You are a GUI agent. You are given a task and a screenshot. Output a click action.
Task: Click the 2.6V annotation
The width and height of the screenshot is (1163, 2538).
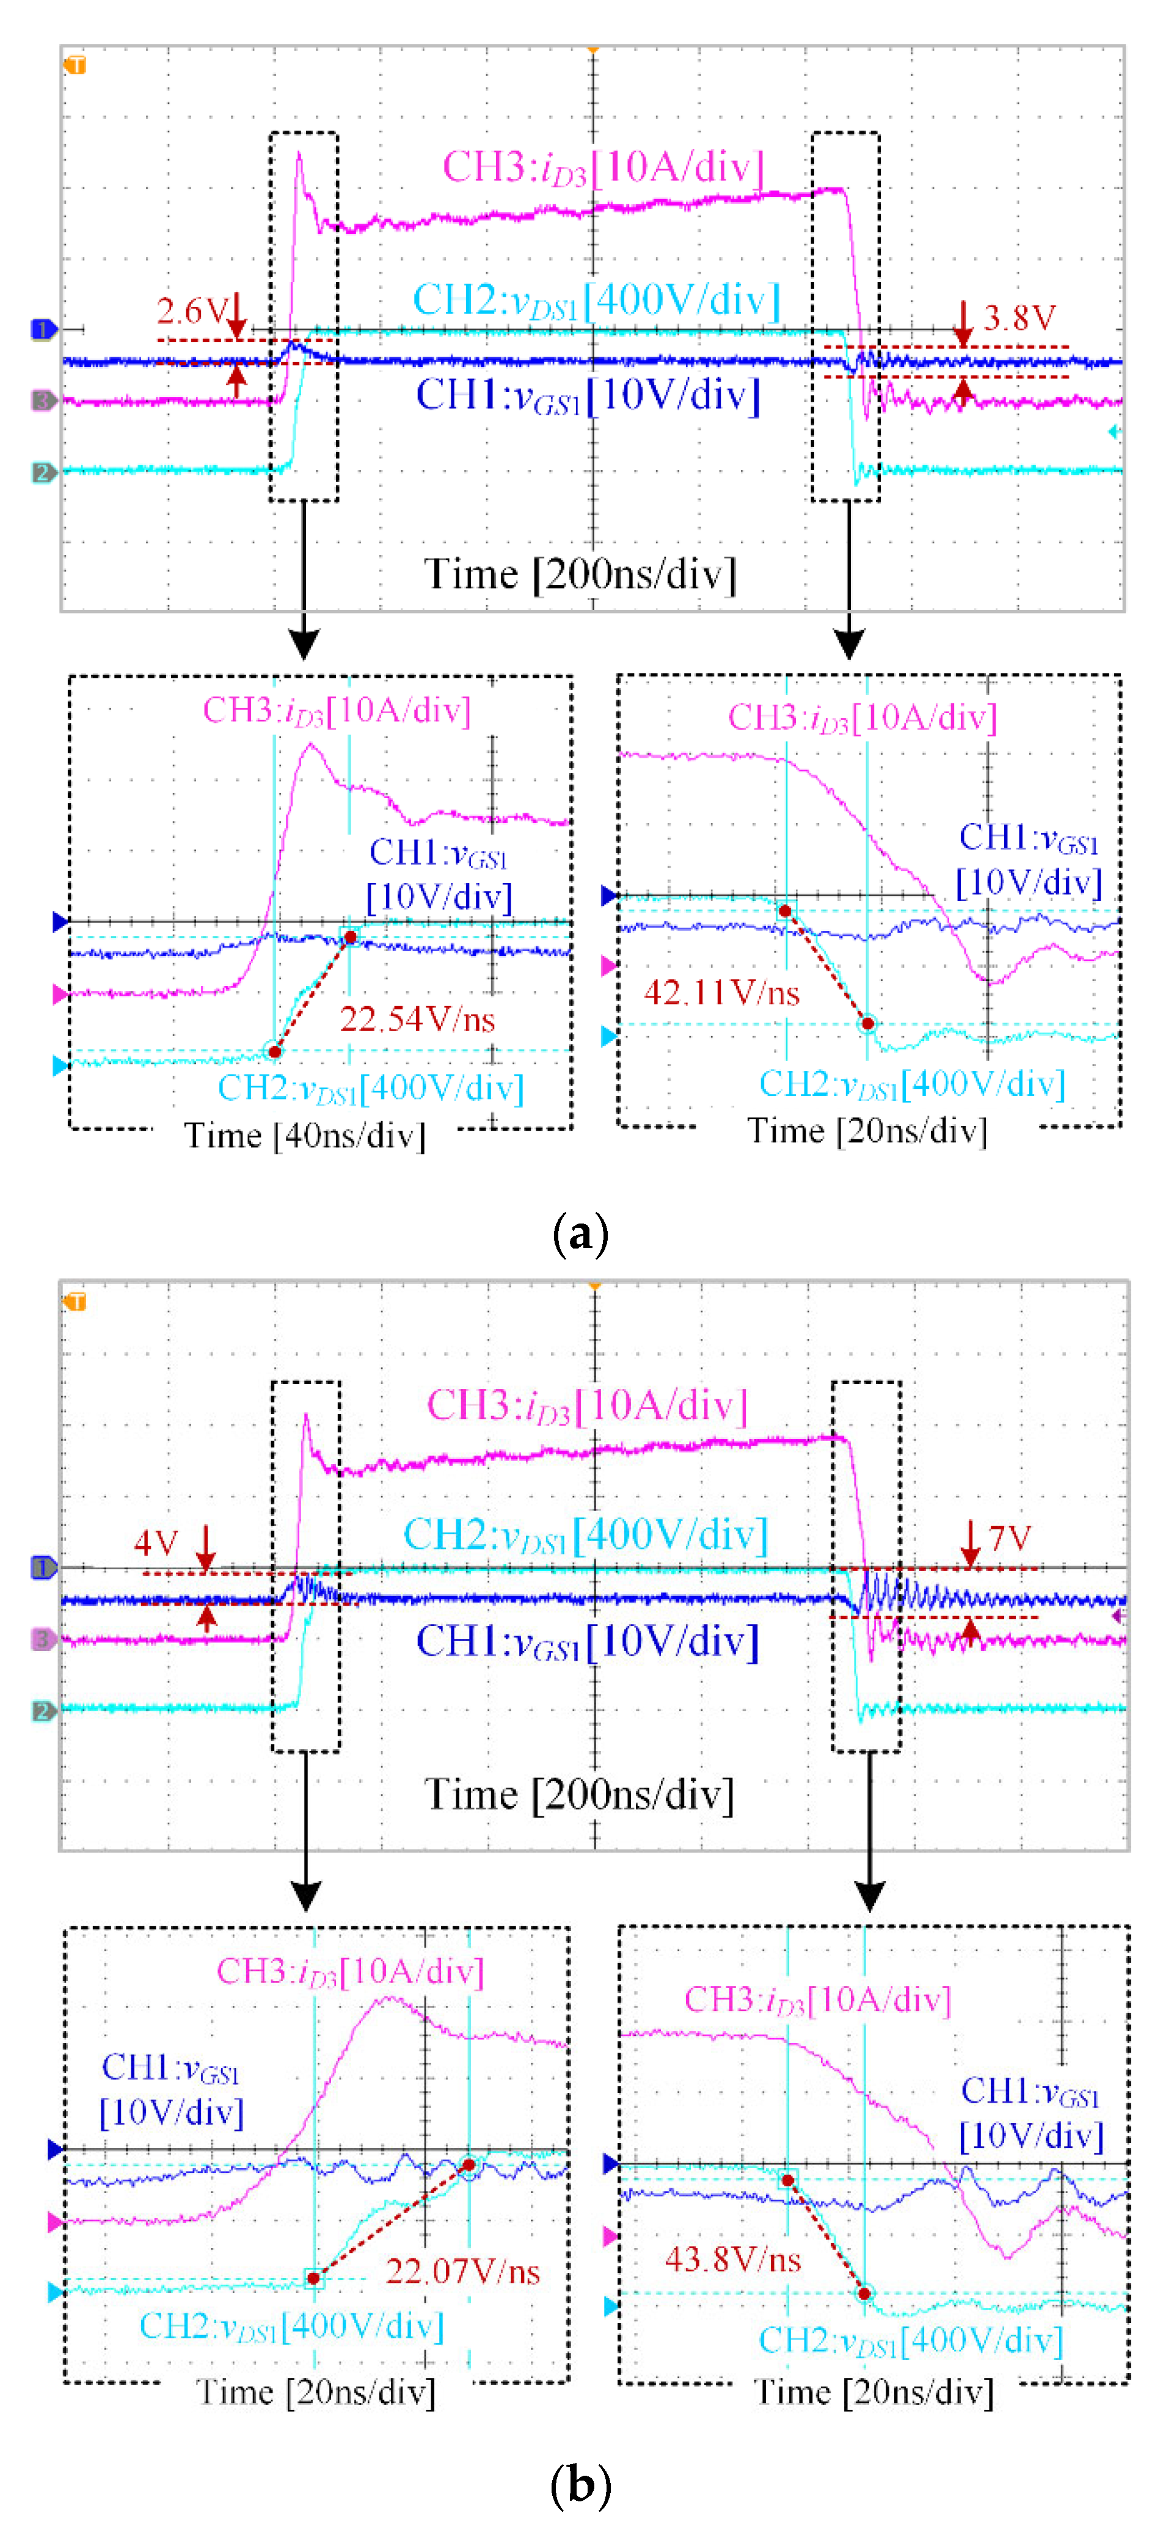pos(192,311)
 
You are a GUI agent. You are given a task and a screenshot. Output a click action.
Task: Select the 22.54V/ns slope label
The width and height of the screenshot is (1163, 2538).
pos(417,1019)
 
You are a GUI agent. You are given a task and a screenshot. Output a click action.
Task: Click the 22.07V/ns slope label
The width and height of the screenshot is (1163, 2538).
pos(462,2271)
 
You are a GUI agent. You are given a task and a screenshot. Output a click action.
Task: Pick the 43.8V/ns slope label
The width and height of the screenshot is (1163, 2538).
pos(732,2258)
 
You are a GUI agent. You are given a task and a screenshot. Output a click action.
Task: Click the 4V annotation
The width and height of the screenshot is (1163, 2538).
pos(156,1543)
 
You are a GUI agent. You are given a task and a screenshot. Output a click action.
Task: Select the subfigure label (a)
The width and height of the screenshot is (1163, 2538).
pos(580,1233)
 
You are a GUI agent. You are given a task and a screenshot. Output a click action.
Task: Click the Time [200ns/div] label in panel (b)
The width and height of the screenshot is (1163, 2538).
pos(580,1794)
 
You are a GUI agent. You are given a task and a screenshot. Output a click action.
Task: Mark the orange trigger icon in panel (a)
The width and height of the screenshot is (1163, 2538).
pos(76,66)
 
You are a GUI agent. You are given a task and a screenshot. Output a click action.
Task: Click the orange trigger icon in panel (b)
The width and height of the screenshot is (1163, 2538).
pos(76,1302)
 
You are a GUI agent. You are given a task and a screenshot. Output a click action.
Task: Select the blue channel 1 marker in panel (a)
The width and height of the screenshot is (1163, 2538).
pos(42,329)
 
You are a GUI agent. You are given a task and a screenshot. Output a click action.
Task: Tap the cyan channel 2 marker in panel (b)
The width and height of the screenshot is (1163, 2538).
pos(42,1711)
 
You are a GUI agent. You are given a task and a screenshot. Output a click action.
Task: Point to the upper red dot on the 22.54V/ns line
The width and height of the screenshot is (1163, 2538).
pos(350,937)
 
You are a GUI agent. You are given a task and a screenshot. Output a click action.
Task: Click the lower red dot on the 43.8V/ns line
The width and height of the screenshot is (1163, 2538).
pos(864,2294)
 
